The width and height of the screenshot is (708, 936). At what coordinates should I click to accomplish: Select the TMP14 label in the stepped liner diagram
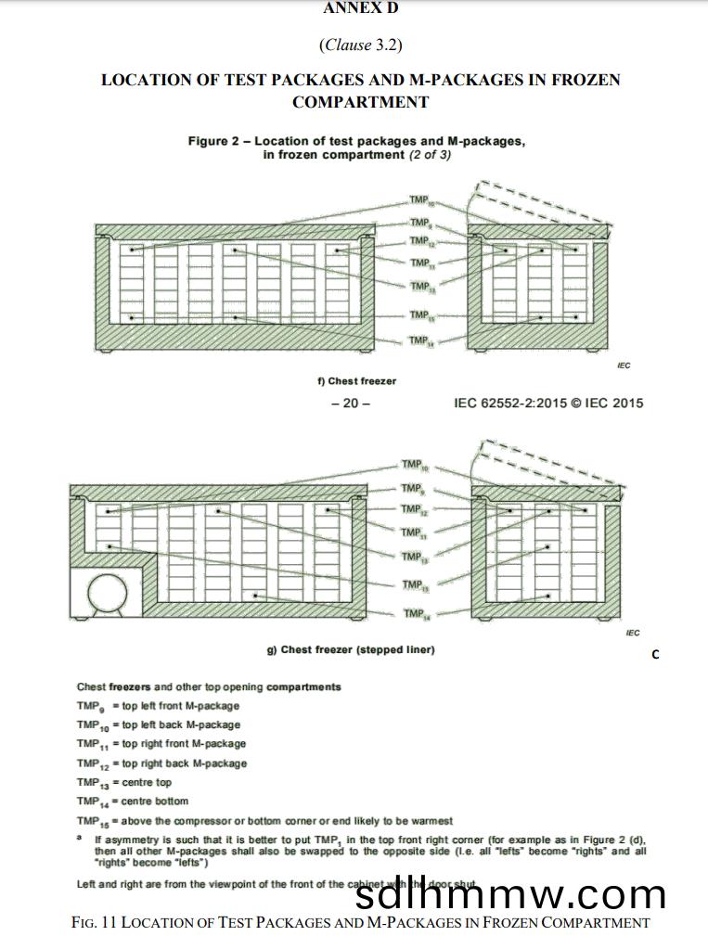click(x=414, y=614)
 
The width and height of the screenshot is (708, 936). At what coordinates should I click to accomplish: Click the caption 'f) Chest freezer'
click(x=356, y=381)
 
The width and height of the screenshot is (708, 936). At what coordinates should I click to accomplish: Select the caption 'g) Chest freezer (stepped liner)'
click(x=351, y=649)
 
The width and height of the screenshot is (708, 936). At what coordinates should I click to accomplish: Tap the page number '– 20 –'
click(x=351, y=404)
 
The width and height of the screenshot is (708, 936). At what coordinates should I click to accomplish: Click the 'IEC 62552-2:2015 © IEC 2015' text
click(x=547, y=404)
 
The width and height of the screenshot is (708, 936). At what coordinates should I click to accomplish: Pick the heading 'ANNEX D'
click(x=360, y=8)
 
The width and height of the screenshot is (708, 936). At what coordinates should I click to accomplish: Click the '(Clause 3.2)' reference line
click(x=360, y=45)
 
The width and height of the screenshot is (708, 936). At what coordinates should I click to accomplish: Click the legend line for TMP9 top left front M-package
click(x=158, y=706)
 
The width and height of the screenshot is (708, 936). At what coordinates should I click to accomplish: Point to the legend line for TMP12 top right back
click(x=161, y=763)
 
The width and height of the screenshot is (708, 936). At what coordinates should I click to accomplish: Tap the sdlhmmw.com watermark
click(x=510, y=894)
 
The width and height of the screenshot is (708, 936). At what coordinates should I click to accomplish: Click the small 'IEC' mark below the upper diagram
click(x=624, y=365)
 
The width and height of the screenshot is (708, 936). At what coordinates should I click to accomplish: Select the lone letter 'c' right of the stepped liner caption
click(x=655, y=654)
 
